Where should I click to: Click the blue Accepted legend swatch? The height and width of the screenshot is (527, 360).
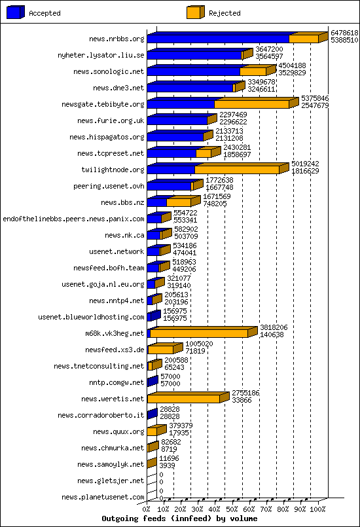[16, 12]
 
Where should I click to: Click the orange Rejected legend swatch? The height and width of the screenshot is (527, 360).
[196, 12]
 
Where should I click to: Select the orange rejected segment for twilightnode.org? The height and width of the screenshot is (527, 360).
[237, 170]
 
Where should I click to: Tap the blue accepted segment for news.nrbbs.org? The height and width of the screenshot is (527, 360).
[218, 39]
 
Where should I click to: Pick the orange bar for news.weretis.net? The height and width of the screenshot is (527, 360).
[183, 399]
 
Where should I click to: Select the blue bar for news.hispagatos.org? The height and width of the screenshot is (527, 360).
[175, 137]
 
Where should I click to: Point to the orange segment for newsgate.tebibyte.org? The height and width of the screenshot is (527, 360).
[252, 104]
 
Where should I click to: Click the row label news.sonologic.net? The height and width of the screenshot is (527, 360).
[109, 71]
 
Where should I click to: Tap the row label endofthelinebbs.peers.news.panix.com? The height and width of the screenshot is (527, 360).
[73, 219]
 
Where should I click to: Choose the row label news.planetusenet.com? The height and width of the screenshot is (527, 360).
[103, 497]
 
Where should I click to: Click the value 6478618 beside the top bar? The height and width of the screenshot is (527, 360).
[344, 33]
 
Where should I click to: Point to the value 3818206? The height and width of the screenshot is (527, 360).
[274, 327]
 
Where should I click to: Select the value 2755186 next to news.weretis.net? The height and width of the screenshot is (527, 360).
[245, 393]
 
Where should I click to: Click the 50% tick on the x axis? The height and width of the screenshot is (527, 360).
[232, 509]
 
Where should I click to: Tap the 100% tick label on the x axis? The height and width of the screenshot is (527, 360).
[317, 509]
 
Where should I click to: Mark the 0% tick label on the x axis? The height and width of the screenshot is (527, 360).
[146, 509]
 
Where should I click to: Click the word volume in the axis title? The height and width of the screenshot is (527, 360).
[243, 518]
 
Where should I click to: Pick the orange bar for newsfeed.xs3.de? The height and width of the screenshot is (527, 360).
[160, 350]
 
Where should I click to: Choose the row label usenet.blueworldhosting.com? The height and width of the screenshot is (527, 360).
[91, 317]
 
